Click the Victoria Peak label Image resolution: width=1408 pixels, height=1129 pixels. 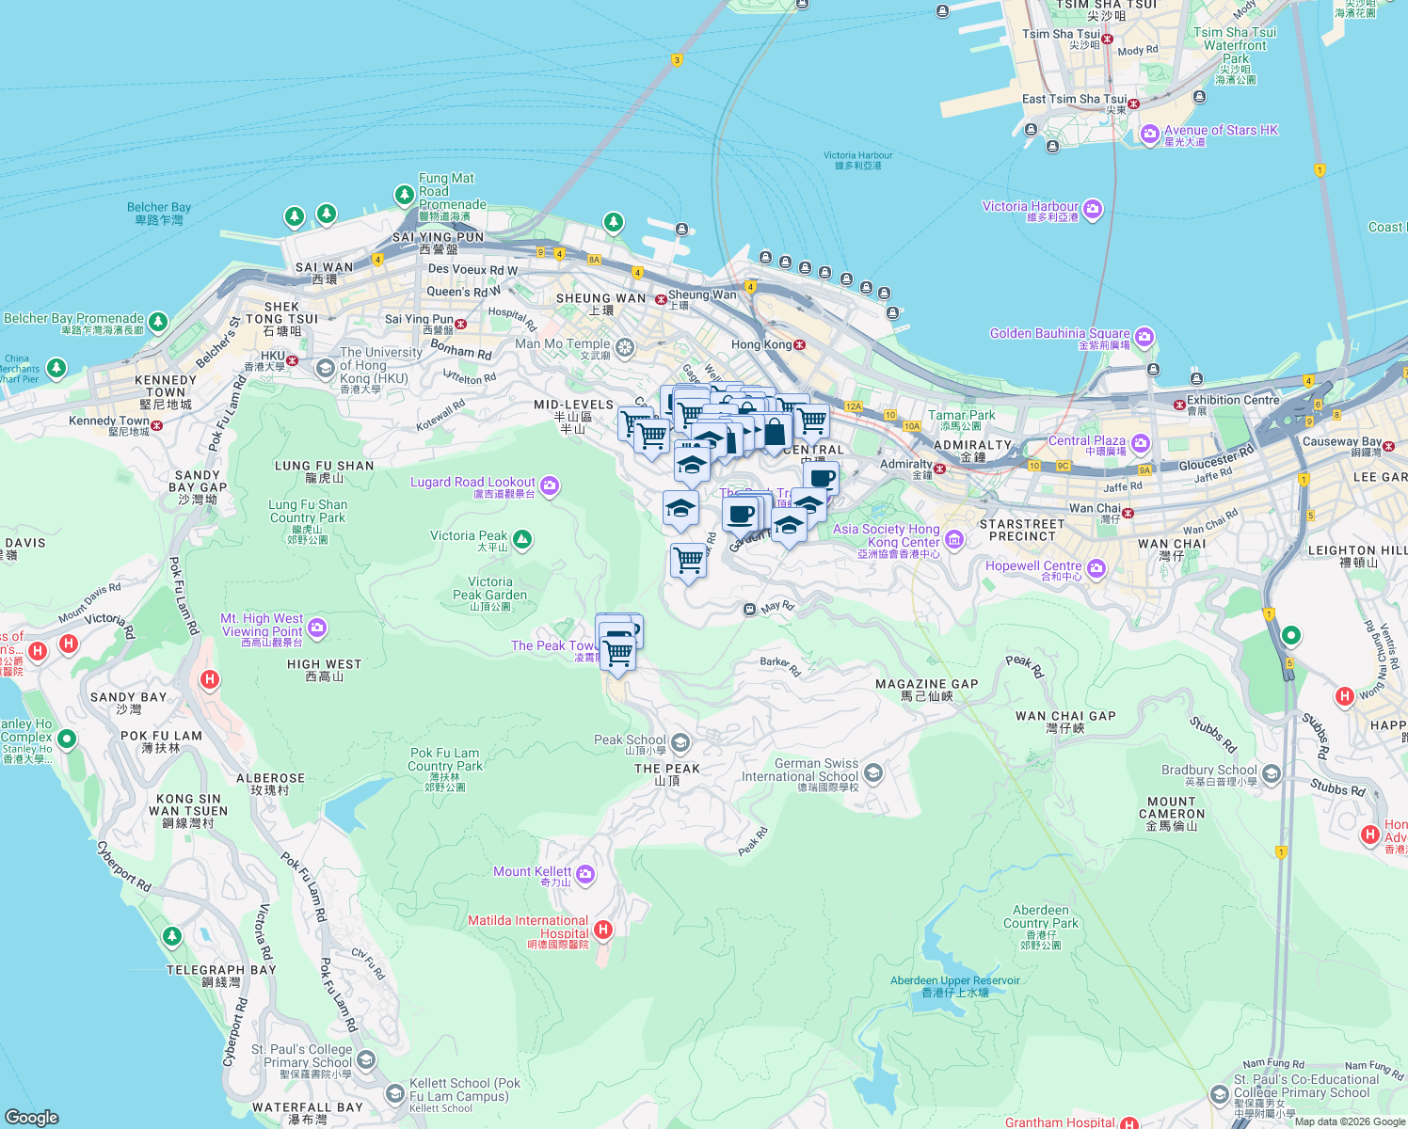click(x=469, y=536)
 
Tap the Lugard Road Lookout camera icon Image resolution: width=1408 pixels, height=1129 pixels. click(x=550, y=485)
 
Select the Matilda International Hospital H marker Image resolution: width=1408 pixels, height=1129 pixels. click(x=603, y=930)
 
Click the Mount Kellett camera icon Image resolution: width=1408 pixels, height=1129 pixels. click(x=585, y=874)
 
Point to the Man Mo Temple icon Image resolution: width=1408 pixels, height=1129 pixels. click(x=625, y=347)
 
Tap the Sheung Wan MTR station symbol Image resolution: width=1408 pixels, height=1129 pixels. click(x=661, y=299)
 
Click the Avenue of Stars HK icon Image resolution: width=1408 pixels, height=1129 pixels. click(x=1149, y=134)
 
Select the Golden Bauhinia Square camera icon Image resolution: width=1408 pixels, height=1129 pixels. click(x=1144, y=336)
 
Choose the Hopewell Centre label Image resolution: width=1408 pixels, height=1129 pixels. click(x=1033, y=565)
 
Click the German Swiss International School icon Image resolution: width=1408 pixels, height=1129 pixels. click(x=872, y=772)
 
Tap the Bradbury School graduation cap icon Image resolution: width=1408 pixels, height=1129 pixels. click(x=1272, y=773)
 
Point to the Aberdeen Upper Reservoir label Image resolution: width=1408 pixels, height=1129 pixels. click(x=954, y=980)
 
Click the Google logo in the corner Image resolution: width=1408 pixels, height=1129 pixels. click(x=31, y=1117)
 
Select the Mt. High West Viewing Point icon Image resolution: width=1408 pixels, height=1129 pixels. click(x=317, y=627)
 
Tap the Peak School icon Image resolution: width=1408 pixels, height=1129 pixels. click(x=680, y=742)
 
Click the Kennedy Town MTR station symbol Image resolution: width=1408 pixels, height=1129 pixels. click(x=156, y=425)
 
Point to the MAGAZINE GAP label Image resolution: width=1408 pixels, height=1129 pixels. click(x=926, y=684)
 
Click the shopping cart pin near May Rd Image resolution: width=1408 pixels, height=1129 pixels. click(x=688, y=560)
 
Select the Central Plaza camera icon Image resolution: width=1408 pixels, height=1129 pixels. click(x=1141, y=443)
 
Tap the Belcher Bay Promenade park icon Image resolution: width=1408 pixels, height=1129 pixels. click(x=158, y=322)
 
